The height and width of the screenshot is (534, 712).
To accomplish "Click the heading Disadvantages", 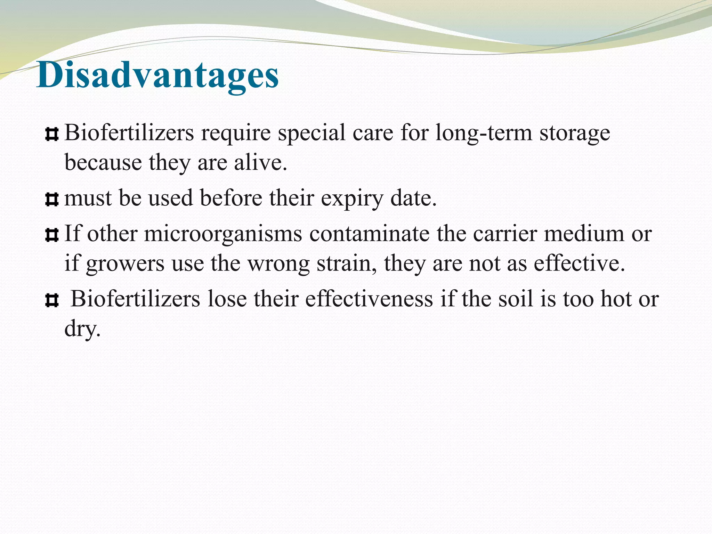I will tap(157, 75).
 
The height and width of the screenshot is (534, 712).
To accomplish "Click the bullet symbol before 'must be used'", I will tap(51, 200).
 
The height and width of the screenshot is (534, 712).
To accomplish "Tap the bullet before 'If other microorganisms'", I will tap(51, 235).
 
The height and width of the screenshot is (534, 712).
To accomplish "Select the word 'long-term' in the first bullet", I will tap(484, 133).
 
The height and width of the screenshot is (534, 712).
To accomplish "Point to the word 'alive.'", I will tap(260, 162).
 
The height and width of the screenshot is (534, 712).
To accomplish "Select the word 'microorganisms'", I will tap(223, 234).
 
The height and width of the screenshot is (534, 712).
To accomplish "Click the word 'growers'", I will tap(125, 264).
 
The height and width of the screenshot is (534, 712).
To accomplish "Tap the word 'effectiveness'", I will tap(369, 299).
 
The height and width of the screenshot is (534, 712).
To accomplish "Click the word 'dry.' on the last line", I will tap(82, 329).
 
